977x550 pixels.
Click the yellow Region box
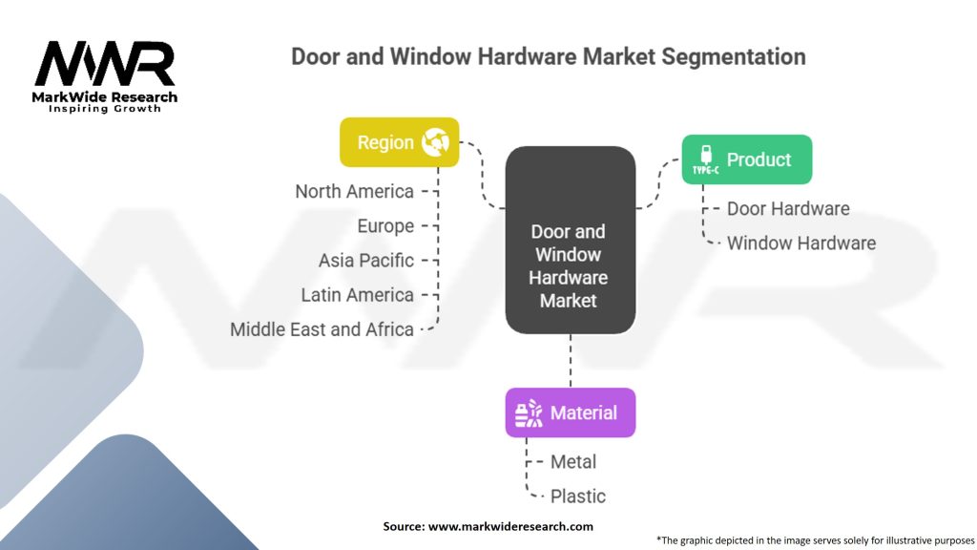(x=399, y=142)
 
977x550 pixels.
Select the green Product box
(x=746, y=159)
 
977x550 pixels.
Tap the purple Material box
(x=570, y=412)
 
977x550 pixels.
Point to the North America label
(x=354, y=192)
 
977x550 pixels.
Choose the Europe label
(x=385, y=226)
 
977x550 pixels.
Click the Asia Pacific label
(x=366, y=261)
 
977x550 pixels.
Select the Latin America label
(x=357, y=295)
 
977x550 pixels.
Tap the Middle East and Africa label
(x=322, y=329)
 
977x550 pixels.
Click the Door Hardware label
(x=787, y=208)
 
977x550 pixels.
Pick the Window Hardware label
(x=800, y=243)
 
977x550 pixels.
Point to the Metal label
(x=572, y=462)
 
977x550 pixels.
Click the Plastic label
(x=577, y=497)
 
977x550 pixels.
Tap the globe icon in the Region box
(x=435, y=142)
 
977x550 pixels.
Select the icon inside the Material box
(x=529, y=412)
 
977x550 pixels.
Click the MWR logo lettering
(x=105, y=65)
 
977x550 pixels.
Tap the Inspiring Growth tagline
(x=105, y=109)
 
